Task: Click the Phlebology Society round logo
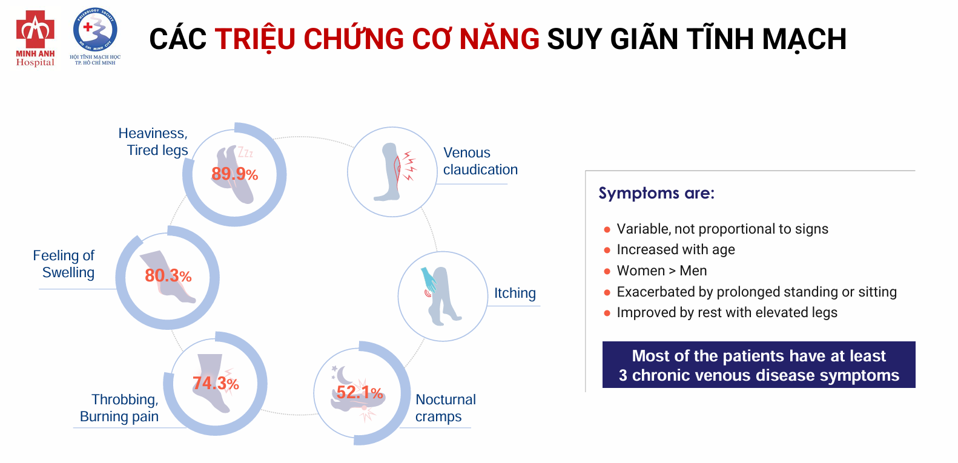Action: [95, 30]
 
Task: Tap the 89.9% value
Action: [234, 174]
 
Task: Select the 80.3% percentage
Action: [168, 276]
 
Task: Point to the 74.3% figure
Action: [216, 384]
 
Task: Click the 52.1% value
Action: [360, 392]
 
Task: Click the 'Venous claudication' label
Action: [480, 161]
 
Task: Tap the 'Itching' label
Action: [515, 293]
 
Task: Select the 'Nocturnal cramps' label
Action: [445, 408]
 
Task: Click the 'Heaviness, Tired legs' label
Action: [153, 142]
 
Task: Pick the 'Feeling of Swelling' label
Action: [64, 264]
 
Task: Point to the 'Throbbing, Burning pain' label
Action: [119, 408]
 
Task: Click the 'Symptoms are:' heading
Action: [656, 193]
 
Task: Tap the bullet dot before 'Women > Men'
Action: [607, 271]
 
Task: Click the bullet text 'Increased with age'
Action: [676, 250]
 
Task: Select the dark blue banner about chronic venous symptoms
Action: [759, 365]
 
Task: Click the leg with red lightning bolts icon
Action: [394, 172]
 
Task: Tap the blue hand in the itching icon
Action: [429, 280]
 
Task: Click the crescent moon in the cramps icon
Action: [343, 375]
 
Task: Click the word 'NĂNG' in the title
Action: [500, 39]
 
